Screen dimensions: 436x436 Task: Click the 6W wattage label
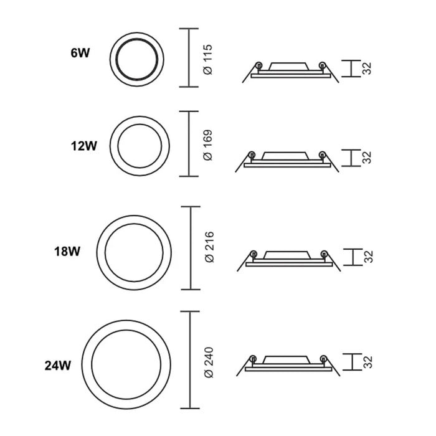pos(80,54)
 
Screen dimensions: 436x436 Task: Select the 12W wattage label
pos(83,146)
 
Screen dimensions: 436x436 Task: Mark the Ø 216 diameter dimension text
pos(209,248)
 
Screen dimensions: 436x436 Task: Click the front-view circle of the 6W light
pos(135,57)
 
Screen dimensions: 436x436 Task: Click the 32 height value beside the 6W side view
pos(367,69)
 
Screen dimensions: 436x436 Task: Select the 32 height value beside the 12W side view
pos(367,157)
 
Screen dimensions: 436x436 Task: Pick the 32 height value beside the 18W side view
pos(367,256)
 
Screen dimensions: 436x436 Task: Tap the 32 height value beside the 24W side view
pos(367,362)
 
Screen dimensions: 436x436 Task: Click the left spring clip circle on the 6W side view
pos(257,66)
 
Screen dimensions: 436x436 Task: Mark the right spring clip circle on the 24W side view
pos(323,358)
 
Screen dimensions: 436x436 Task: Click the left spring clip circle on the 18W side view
pos(252,254)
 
